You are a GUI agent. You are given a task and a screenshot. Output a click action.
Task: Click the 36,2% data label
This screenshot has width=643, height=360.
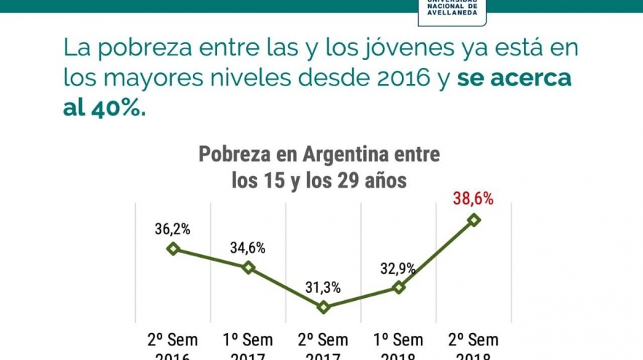coord(172,229)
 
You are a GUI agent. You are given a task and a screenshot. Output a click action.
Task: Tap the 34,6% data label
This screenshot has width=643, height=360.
coord(248,248)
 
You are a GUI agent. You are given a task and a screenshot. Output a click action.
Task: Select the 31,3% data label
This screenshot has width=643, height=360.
coord(323,288)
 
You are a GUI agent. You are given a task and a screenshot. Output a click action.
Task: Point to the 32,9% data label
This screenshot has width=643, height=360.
coord(398,268)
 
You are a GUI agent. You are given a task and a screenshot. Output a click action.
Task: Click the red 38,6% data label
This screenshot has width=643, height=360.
coord(473,199)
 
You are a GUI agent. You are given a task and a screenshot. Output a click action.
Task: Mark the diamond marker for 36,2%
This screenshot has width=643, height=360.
coord(173,248)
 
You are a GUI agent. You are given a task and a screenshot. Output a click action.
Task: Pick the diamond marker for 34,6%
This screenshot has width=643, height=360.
coord(248,267)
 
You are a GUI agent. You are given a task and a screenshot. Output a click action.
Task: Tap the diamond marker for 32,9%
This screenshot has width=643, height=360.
coord(399,287)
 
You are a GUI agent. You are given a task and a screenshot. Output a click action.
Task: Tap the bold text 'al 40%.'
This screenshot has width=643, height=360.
coord(104,108)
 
